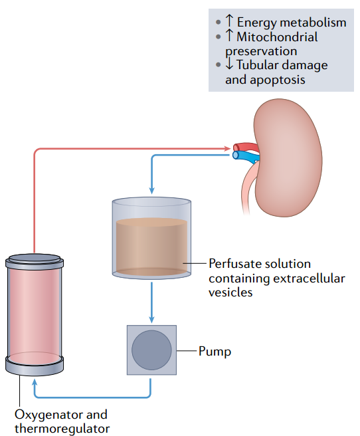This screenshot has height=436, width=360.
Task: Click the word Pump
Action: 215,352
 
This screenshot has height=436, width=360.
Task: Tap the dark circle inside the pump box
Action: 151,350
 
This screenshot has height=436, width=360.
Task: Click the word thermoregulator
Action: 62,429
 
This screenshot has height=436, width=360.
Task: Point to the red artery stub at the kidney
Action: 246,148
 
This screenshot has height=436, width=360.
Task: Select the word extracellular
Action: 308,278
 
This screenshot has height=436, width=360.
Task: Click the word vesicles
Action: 230,292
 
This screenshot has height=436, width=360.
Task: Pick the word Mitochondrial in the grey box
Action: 277,37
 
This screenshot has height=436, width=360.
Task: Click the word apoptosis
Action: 277,80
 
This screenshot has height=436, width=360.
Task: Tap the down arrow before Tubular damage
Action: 229,64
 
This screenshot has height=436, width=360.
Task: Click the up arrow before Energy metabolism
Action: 229,21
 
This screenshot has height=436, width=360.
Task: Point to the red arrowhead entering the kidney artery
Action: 228,149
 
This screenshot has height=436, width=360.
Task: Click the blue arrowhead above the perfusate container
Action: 151,190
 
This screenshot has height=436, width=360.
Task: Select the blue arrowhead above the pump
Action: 151,319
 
